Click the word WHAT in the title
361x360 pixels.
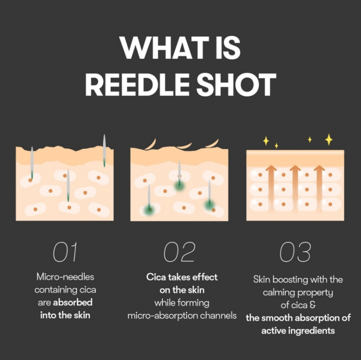164,48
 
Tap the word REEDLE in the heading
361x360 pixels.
138,84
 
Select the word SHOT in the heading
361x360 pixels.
236,84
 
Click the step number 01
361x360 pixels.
65,252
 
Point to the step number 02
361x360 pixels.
180,252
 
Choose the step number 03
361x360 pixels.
295,252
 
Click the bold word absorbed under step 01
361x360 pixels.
73,302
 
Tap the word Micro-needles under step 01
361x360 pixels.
65,277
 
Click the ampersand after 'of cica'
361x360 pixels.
313,305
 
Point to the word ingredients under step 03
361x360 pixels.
311,331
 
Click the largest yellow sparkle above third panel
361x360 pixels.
329,139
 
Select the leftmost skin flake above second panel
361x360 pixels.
151,144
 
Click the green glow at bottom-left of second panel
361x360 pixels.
149,210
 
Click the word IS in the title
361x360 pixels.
228,48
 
